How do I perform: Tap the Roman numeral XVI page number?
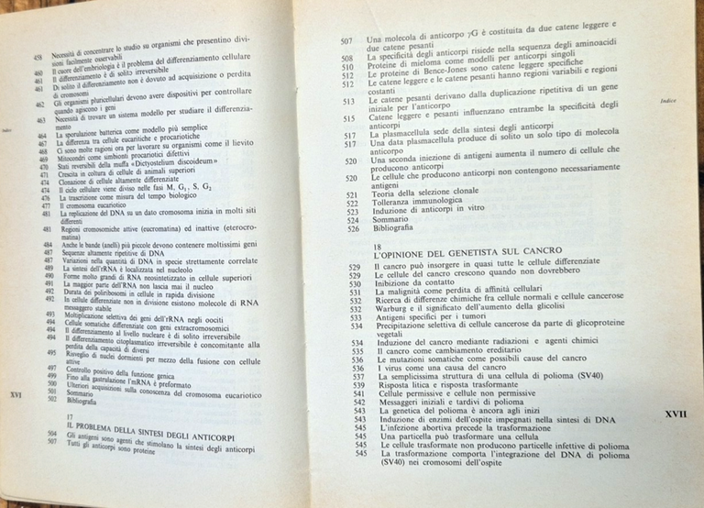click(x=15, y=395)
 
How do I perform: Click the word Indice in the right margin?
click(x=666, y=101)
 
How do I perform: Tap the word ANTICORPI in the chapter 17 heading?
click(x=187, y=438)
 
